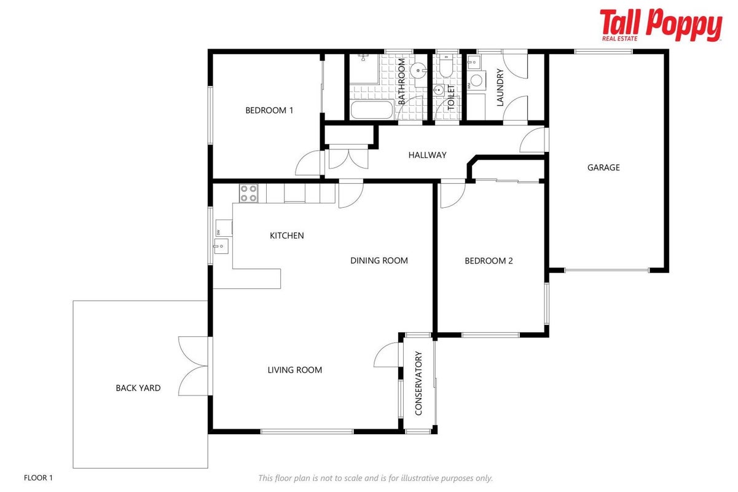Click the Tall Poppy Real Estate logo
pyautogui.click(x=661, y=25)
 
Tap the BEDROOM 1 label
pyautogui.click(x=269, y=110)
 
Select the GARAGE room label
pyautogui.click(x=603, y=167)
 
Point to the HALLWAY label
pyautogui.click(x=427, y=155)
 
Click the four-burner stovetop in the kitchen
pyautogui.click(x=248, y=193)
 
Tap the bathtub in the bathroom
pyautogui.click(x=371, y=110)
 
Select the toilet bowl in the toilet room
pyautogui.click(x=446, y=68)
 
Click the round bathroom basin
pyautogui.click(x=418, y=71)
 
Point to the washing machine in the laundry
pyautogui.click(x=476, y=81)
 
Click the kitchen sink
pyautogui.click(x=221, y=246)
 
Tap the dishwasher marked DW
pyautogui.click(x=224, y=228)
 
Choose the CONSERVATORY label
pyautogui.click(x=418, y=383)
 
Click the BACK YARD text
pyautogui.click(x=138, y=388)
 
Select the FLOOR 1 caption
pyautogui.click(x=38, y=477)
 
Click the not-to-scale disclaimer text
pyautogui.click(x=375, y=478)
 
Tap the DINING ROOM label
pyautogui.click(x=379, y=261)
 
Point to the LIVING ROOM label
pyautogui.click(x=294, y=370)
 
